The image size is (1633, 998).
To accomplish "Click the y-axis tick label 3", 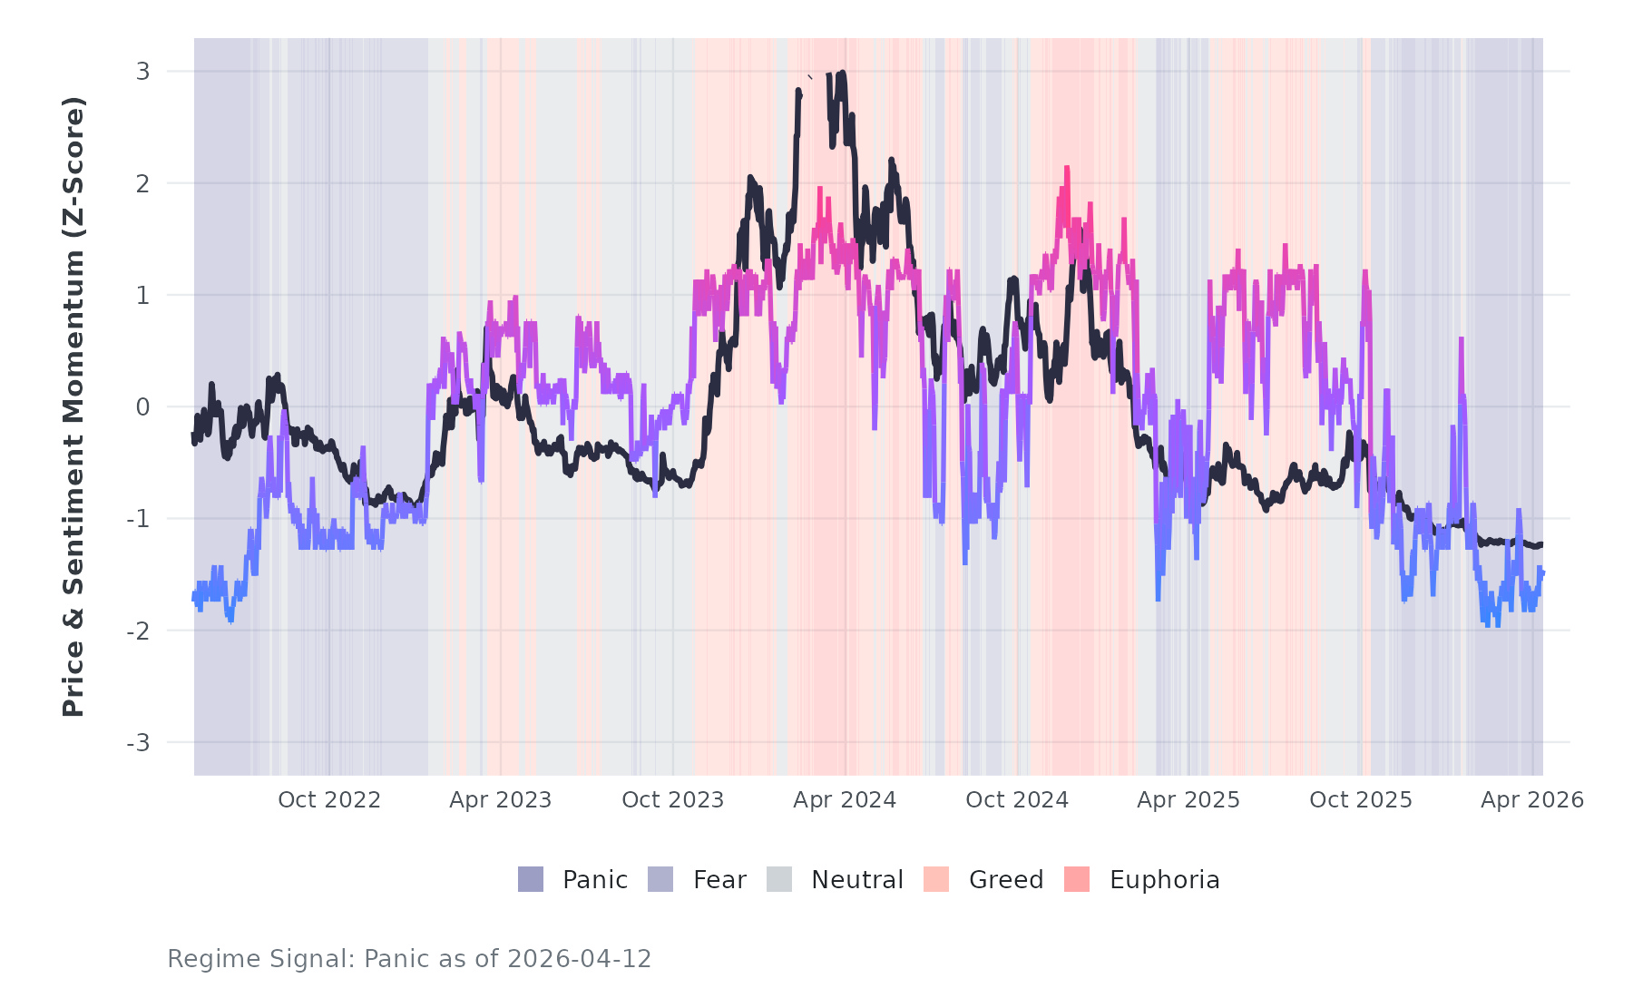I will click(x=142, y=71).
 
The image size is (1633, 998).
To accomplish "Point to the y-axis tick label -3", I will click(x=139, y=743).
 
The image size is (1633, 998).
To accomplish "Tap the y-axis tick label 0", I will click(x=142, y=407).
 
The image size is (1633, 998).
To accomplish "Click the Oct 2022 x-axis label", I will click(x=328, y=800).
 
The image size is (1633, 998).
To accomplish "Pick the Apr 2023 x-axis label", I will click(x=501, y=800).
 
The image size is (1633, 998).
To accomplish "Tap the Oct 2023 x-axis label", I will click(x=672, y=800).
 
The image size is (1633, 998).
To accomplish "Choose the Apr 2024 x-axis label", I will click(x=845, y=800).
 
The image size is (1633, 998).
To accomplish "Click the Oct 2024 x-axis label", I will click(x=1017, y=800).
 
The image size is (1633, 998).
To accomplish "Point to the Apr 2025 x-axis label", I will click(x=1188, y=800).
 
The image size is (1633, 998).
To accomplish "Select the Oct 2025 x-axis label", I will click(x=1361, y=800).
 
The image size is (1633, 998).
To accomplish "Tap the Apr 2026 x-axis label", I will click(x=1532, y=800).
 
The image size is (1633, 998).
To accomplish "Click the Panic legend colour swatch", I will click(x=531, y=879).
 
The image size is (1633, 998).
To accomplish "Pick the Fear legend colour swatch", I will click(x=660, y=879).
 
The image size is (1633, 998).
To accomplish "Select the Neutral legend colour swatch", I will click(x=779, y=879).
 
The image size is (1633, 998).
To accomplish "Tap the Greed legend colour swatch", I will click(x=936, y=879).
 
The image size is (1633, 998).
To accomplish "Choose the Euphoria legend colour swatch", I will click(x=1077, y=879).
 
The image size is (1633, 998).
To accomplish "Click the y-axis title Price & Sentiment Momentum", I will click(x=73, y=406).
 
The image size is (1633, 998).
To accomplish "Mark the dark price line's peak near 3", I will click(x=843, y=73).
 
